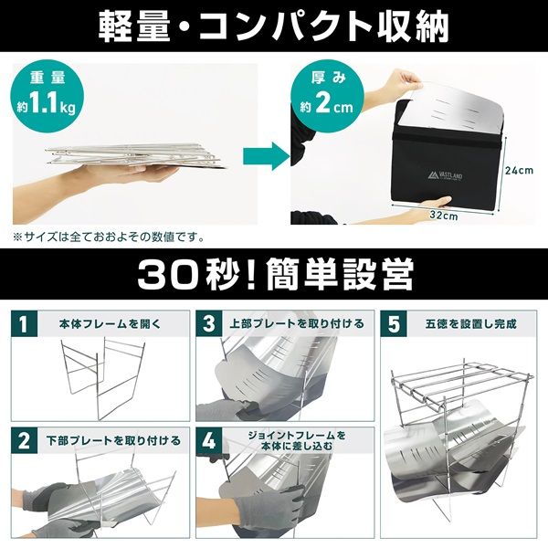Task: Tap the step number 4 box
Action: [210, 439]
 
